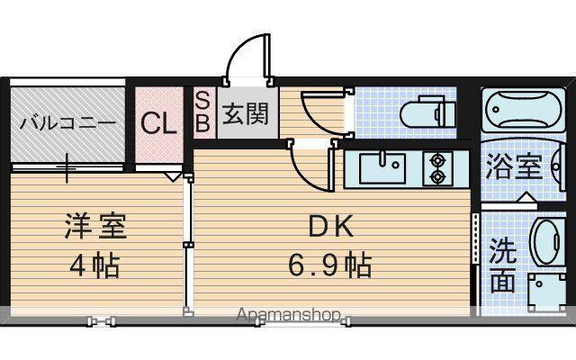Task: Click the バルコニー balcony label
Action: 68,122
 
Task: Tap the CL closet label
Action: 158,123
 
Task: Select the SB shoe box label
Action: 202,112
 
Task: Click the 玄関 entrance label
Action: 246,113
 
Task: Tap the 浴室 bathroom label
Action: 514,166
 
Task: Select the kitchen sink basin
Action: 382,168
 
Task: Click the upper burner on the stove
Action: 437,160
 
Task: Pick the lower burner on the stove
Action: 437,177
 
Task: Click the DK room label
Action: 331,227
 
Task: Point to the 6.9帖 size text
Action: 329,265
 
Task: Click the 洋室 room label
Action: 96,226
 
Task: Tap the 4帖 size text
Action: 94,265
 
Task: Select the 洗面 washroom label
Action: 503,265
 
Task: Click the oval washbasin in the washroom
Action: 546,242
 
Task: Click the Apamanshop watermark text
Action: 288,315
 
